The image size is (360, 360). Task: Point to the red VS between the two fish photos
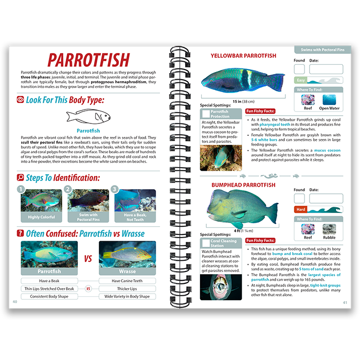88,259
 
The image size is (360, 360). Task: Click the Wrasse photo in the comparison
128,255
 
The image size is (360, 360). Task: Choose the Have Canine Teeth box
127,281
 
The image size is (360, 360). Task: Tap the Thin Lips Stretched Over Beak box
49,289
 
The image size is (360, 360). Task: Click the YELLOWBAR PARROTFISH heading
243,56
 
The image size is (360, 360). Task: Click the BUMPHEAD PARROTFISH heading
243,185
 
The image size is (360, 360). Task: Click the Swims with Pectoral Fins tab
319,50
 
